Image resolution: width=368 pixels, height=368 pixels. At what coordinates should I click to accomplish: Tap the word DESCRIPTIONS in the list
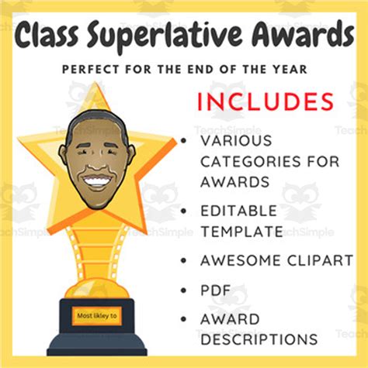pyautogui.click(x=259, y=339)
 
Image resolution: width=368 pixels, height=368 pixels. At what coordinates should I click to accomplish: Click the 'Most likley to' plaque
pyautogui.click(x=96, y=316)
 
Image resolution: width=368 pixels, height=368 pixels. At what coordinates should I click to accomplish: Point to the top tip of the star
pyautogui.click(x=96, y=84)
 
